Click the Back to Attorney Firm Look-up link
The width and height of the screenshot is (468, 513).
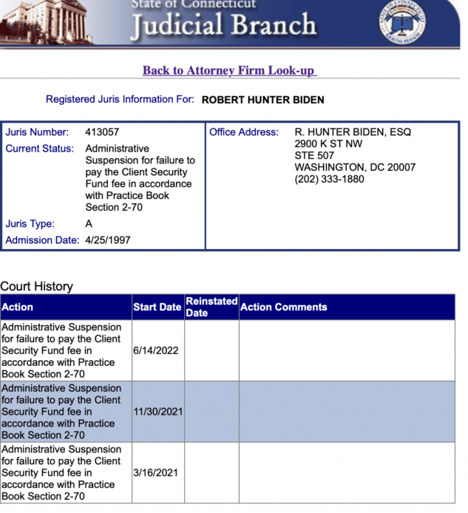point(229,71)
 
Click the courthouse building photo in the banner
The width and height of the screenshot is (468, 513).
point(46,23)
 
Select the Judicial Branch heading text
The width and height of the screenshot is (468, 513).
point(224,25)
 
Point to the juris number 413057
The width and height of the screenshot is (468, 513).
point(102,132)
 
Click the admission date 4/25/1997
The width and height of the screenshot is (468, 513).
point(108,240)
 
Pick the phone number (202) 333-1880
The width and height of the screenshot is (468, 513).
point(330,179)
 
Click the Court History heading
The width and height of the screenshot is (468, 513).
point(37,286)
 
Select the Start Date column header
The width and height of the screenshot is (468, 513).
point(157,307)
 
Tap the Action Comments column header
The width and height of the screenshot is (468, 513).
point(283,307)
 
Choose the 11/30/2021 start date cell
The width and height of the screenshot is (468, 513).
point(158,411)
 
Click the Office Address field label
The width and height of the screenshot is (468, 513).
point(244,132)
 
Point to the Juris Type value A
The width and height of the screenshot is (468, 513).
point(89,223)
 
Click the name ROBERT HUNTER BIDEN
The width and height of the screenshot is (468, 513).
point(263,100)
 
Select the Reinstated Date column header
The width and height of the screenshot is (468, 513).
point(211,307)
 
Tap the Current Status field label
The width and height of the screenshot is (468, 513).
point(40,148)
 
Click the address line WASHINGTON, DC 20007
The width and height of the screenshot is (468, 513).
point(355,167)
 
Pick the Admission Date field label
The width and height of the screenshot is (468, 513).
point(42,240)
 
